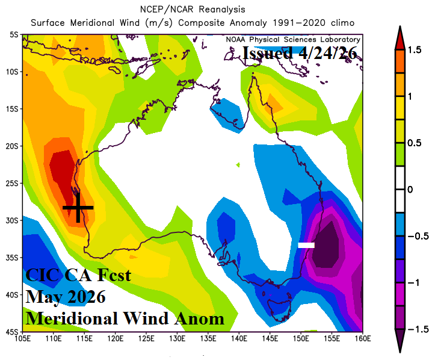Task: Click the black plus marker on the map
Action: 78,207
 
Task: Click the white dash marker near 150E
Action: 306,245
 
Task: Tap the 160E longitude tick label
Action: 362,338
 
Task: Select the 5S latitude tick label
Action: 14,34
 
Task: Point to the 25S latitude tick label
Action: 12,183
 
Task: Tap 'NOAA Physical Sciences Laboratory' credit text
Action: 293,39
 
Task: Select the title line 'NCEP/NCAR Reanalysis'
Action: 192,10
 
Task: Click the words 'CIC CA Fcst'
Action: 78,278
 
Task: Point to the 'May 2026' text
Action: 66,297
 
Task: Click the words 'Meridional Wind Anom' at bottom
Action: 125,317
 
